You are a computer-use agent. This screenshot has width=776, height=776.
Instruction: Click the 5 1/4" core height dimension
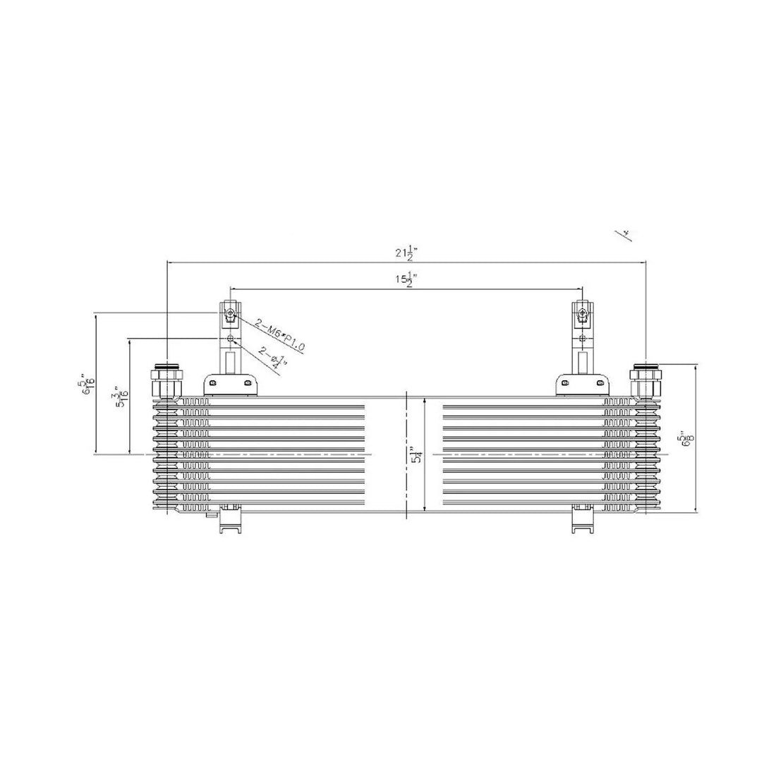(x=418, y=455)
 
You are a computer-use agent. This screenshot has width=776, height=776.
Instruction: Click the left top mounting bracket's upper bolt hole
(x=230, y=315)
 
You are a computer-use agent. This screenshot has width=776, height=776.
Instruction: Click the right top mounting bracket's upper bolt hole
(x=582, y=315)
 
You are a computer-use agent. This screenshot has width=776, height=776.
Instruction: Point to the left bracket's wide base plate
(x=230, y=384)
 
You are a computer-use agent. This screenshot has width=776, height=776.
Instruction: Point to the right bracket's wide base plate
(x=582, y=384)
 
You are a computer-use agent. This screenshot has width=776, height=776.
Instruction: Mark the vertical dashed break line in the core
(x=406, y=455)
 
